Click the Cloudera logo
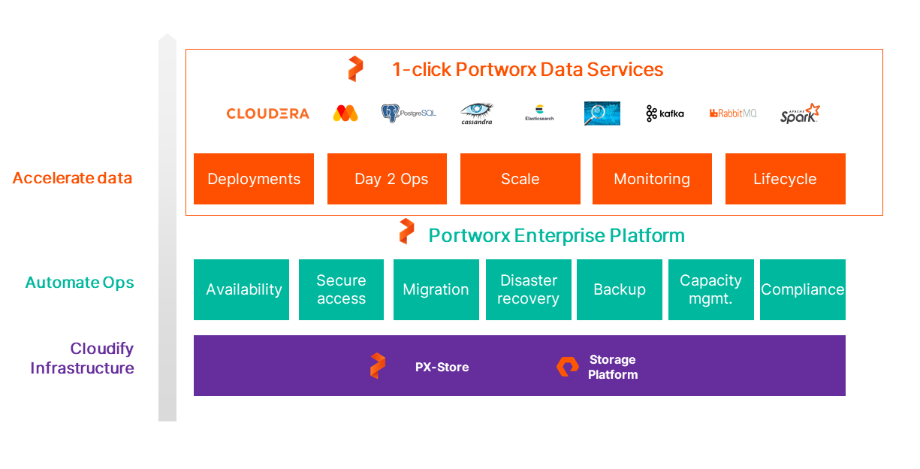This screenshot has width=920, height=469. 267,113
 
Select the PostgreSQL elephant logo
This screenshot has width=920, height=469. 408,113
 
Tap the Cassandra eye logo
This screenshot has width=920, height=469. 476,113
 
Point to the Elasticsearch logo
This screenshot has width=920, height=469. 539,113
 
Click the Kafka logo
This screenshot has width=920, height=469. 665,113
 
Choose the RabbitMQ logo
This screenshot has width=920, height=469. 732,113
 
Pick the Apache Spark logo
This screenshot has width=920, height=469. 799,113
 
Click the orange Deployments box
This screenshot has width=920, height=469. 254,179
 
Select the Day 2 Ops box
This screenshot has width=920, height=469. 387,179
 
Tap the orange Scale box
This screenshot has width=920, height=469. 520,179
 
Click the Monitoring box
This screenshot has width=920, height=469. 652,179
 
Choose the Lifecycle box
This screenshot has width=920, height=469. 785,179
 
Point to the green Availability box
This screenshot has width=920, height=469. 241,289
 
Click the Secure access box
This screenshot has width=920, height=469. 341,289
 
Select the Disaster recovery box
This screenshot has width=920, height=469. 528,289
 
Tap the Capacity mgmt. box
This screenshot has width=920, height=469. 710,289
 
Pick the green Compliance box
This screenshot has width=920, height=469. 802,289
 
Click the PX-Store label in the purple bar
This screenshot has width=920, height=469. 442,367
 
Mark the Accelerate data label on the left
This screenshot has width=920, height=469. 72,178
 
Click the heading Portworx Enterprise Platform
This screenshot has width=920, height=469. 556,235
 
